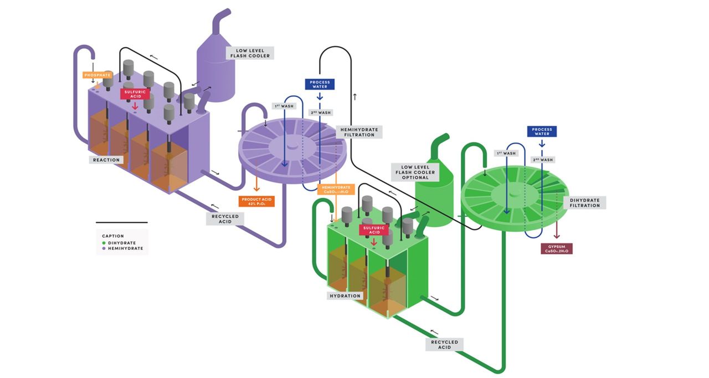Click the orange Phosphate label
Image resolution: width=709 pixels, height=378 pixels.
[97, 75]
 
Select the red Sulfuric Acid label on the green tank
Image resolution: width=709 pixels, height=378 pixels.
[374, 229]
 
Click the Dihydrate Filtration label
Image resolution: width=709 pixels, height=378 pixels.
[584, 202]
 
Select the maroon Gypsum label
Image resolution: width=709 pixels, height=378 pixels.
[557, 248]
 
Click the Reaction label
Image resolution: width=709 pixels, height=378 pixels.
[106, 160]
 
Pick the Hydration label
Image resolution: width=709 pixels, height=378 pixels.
[346, 295]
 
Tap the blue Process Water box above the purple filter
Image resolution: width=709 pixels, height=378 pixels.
[320, 84]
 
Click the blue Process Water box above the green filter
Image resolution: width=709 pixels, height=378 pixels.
[541, 131]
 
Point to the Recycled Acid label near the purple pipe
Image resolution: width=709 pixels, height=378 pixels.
[225, 218]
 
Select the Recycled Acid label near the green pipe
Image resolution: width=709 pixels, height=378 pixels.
[445, 345]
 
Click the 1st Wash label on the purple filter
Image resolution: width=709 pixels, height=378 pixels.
[284, 106]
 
